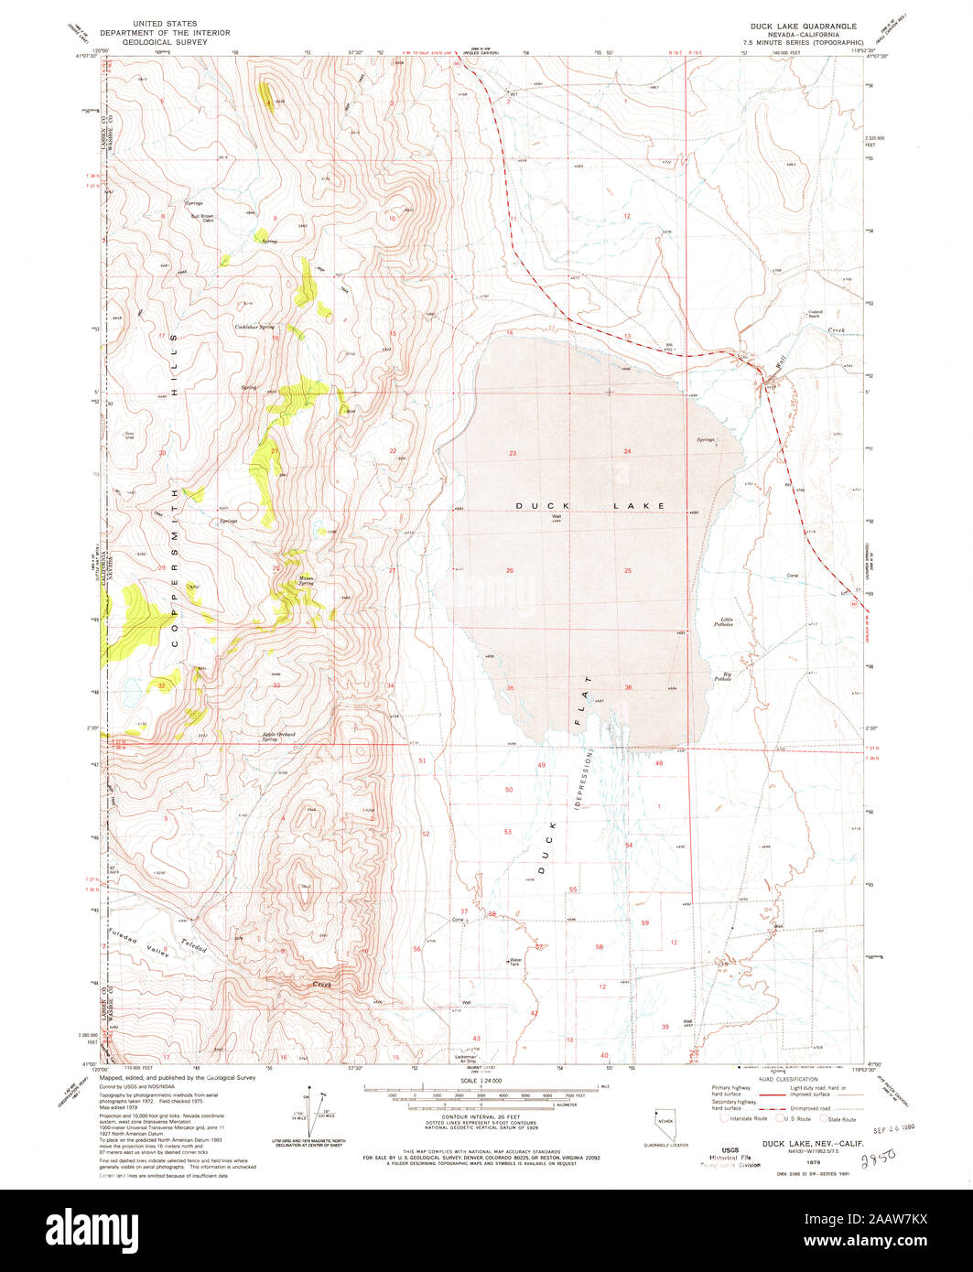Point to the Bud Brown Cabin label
point(201,218)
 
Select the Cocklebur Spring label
point(254,327)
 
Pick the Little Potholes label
point(727,622)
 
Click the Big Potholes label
point(723,679)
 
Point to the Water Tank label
point(514,962)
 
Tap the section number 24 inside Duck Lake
point(628,452)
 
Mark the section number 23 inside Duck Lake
point(513,454)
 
